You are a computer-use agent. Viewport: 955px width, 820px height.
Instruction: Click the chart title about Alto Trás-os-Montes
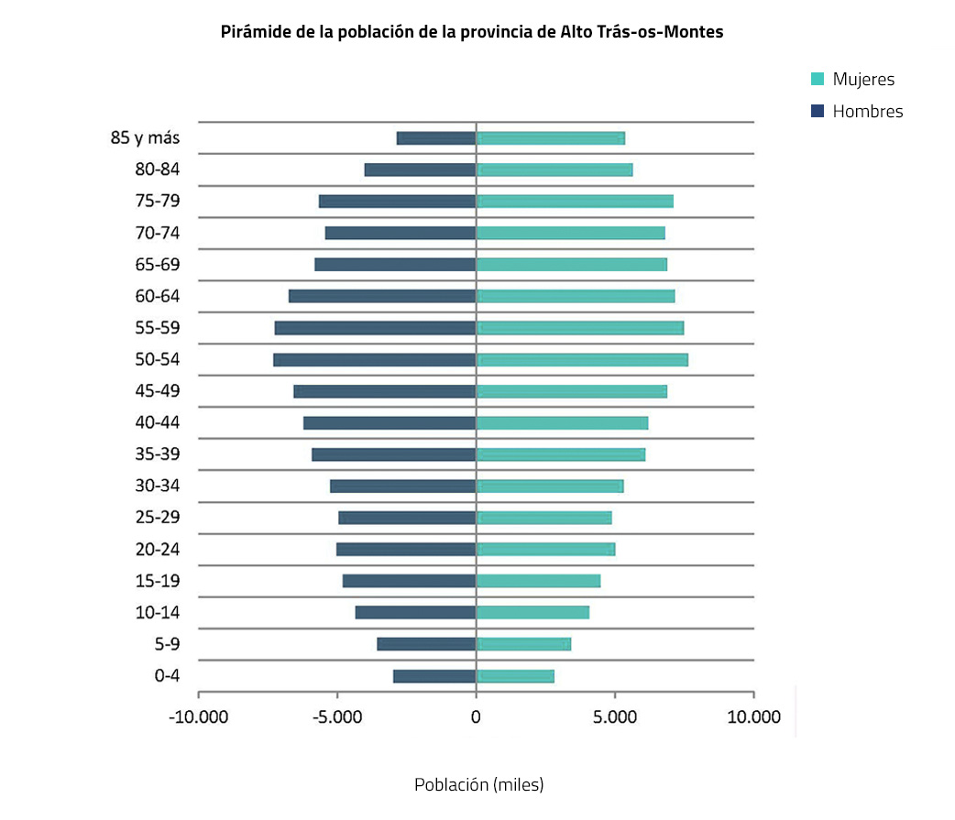point(472,32)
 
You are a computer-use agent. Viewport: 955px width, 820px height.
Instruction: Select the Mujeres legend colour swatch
point(818,80)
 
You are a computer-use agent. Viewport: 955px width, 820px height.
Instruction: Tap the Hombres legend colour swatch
point(818,112)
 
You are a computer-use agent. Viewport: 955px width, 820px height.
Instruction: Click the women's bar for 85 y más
point(550,138)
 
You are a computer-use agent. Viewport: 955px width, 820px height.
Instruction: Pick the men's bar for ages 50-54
point(374,360)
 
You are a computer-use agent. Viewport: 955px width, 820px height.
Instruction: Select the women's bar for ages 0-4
point(515,676)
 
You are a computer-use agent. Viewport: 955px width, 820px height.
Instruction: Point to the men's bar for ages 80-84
point(420,169)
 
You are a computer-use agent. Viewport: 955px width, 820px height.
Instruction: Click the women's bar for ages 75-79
point(575,202)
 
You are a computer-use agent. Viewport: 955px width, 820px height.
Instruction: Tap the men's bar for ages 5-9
point(426,644)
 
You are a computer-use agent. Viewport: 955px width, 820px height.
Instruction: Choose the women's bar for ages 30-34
point(550,487)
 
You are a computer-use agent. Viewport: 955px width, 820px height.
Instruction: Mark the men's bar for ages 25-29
point(407,518)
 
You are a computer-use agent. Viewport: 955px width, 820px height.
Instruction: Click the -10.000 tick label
point(199,716)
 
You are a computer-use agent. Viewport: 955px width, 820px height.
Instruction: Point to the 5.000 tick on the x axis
point(614,716)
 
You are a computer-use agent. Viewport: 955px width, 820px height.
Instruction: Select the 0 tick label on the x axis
point(476,716)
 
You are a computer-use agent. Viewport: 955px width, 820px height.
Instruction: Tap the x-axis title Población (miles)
point(478,785)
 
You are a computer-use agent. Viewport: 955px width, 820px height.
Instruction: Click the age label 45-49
point(158,391)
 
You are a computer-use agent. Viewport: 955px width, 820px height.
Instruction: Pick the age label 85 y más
point(145,138)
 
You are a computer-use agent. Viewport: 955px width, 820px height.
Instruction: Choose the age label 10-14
point(158,613)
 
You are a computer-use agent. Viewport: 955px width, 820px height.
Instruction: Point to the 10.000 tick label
point(752,716)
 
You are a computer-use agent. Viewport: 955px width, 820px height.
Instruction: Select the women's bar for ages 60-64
point(576,296)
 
